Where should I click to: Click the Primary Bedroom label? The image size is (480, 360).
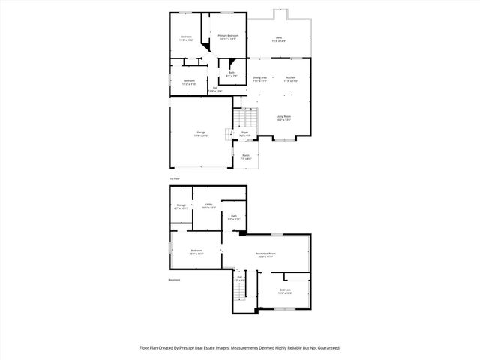(228, 36)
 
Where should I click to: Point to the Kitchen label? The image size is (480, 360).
(290, 77)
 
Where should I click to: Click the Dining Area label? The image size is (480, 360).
(260, 77)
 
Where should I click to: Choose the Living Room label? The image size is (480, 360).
(283, 116)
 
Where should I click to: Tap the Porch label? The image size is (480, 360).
(245, 157)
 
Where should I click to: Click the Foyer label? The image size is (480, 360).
(244, 133)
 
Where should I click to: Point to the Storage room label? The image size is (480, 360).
(181, 205)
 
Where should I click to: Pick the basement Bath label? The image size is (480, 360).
(234, 217)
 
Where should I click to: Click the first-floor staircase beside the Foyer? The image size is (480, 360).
(246, 118)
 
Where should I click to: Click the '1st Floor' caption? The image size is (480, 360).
(174, 178)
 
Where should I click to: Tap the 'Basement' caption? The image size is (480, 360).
(175, 280)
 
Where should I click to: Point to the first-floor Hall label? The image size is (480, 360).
(215, 88)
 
